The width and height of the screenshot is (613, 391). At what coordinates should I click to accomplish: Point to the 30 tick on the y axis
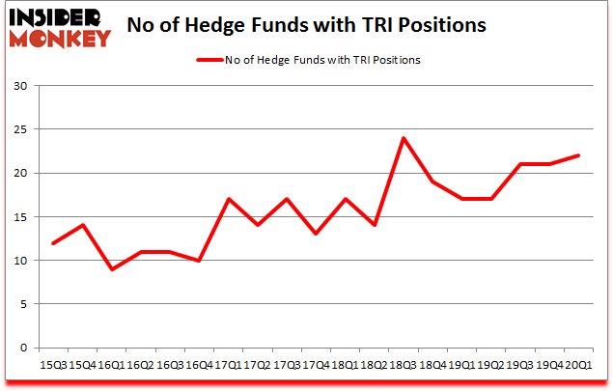coord(20,86)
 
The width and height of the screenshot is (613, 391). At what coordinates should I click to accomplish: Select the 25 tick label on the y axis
coord(20,129)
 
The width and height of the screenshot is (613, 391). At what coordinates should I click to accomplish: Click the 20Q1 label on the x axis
coord(579,365)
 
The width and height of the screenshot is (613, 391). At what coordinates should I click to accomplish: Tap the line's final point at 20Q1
coord(579,155)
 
